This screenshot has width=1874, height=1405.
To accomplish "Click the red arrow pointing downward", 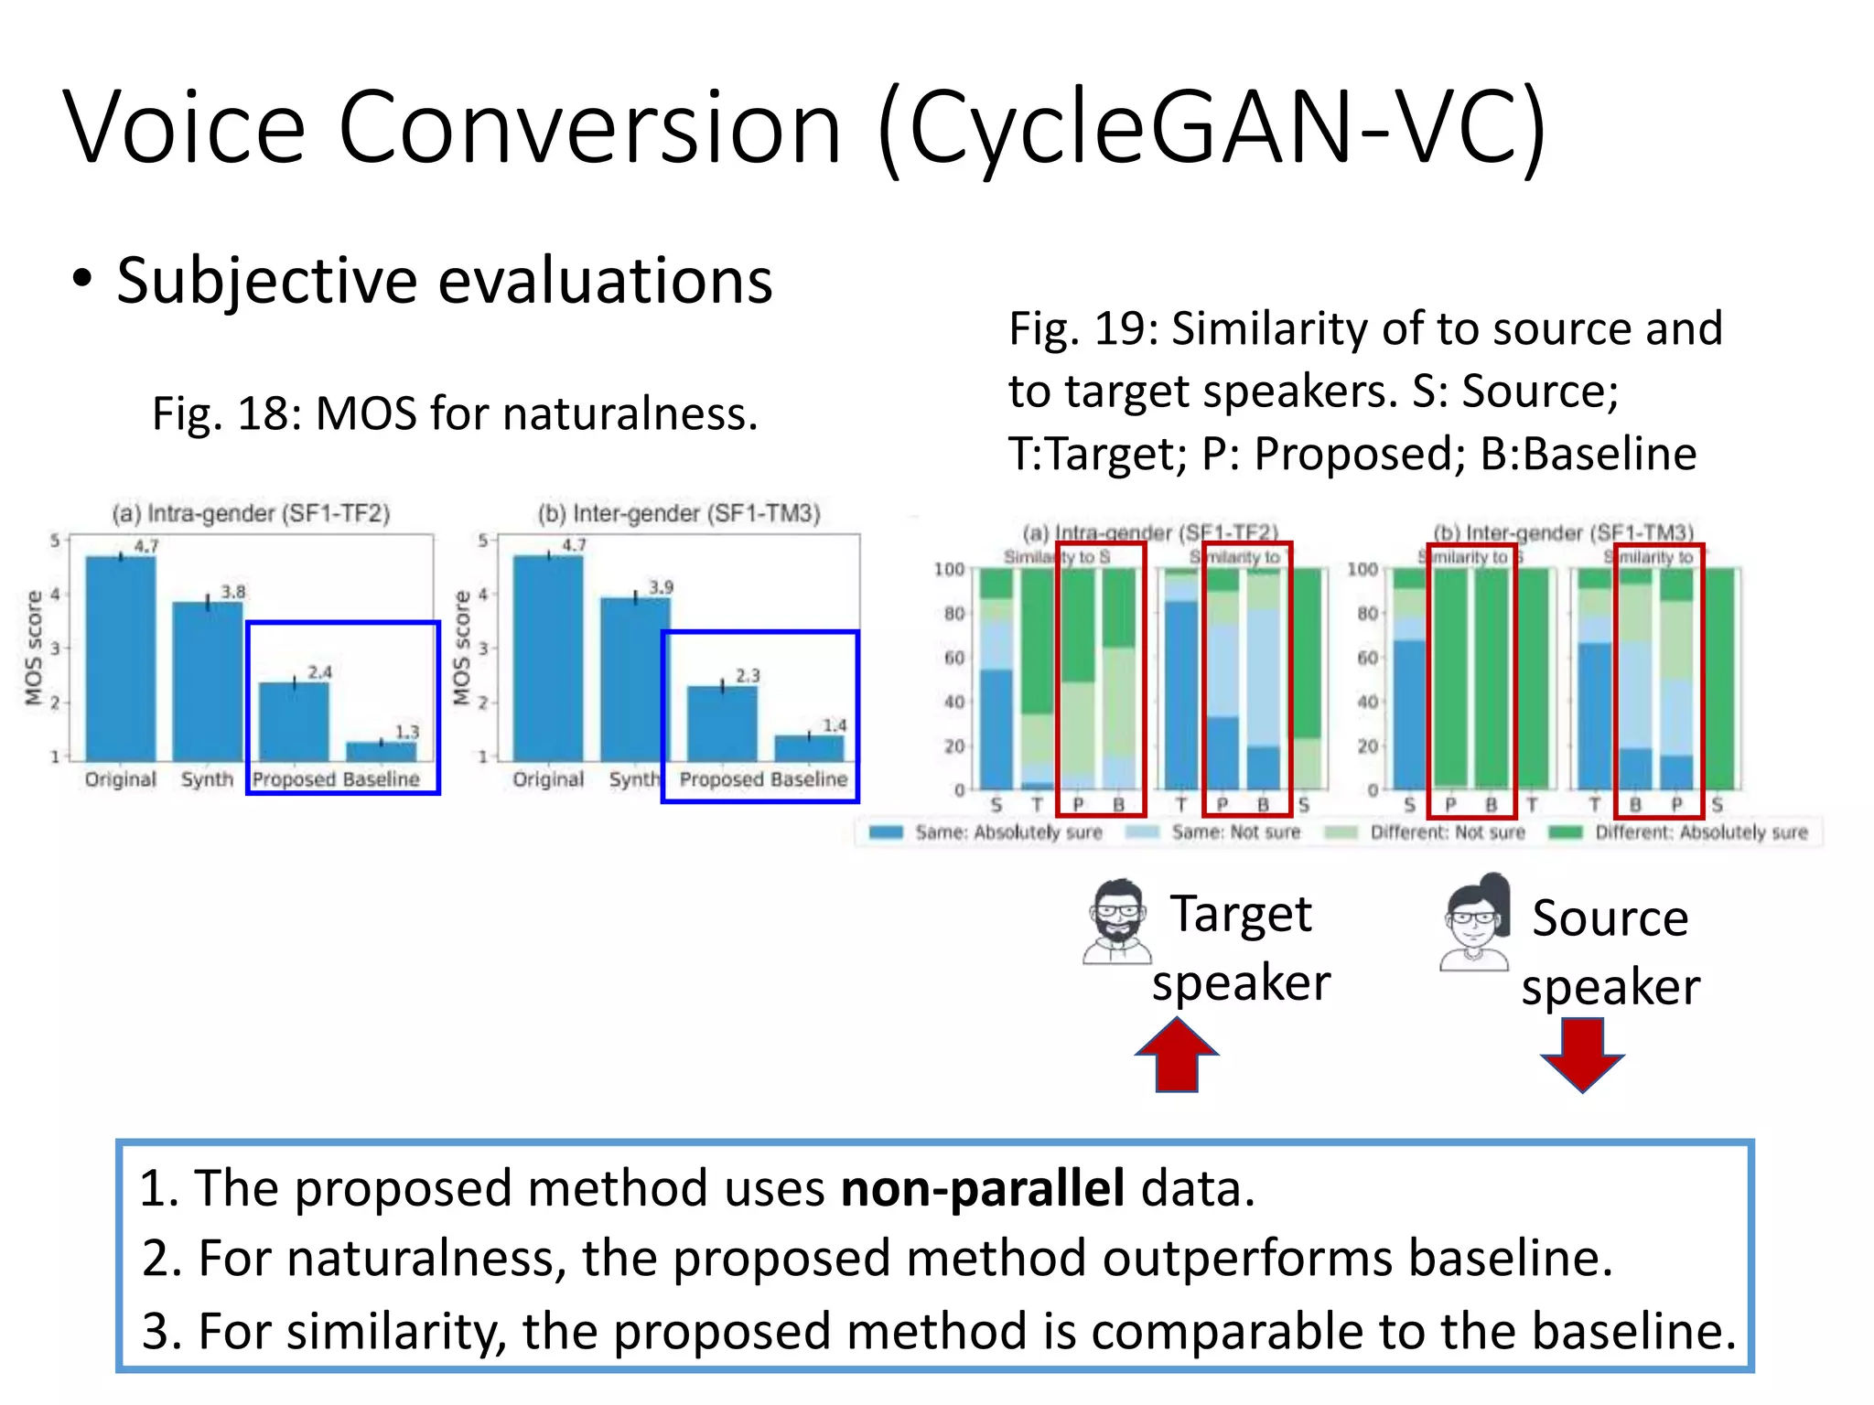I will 1582,1055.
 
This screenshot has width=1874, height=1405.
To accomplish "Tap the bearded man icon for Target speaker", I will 1117,922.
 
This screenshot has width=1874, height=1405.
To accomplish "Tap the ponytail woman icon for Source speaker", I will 1475,922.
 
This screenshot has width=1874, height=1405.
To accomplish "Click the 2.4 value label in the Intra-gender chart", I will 319,672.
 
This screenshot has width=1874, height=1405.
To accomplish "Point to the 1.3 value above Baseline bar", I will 407,732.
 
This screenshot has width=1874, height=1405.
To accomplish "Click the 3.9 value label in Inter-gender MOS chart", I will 661,587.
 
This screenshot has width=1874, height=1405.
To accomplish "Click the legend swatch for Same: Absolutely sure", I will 886,832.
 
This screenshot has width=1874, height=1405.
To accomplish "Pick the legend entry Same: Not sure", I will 1235,832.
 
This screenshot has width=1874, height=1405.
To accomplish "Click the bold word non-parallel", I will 982,1188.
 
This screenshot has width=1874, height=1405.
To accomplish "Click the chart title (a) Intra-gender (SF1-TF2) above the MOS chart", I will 251,513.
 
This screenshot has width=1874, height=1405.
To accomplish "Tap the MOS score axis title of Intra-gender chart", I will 35,648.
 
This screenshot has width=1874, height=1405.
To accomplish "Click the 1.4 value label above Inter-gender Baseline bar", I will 835,725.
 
